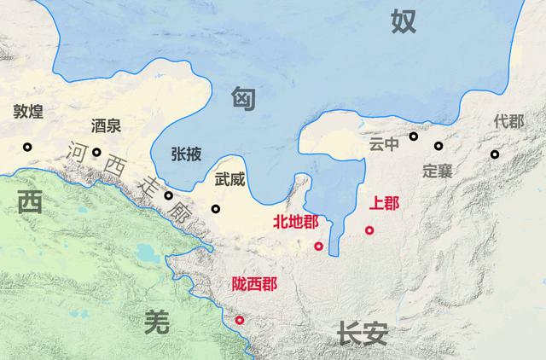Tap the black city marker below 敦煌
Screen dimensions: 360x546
[28, 147]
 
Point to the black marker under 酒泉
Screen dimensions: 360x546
[97, 153]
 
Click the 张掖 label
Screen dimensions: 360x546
[187, 154]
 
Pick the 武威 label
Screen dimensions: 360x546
[230, 180]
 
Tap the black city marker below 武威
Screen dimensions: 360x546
[216, 209]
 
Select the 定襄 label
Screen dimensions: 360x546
[437, 170]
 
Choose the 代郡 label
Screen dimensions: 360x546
[508, 121]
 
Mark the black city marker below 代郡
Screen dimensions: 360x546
[495, 154]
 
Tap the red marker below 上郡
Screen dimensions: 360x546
[369, 229]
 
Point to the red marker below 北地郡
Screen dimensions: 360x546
[318, 247]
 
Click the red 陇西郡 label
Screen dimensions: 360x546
[254, 284]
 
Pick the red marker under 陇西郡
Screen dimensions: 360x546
[240, 320]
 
